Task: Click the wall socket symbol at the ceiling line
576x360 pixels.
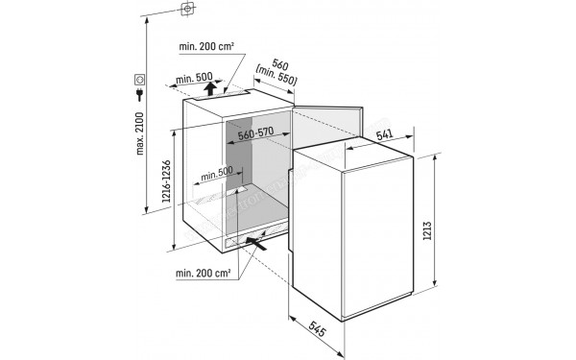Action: click(186, 11)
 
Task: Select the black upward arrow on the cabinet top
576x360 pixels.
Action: click(211, 89)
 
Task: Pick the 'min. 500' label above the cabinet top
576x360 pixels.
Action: click(195, 80)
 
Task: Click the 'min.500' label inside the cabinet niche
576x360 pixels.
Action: click(217, 175)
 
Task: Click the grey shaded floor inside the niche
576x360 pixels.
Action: click(264, 216)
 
